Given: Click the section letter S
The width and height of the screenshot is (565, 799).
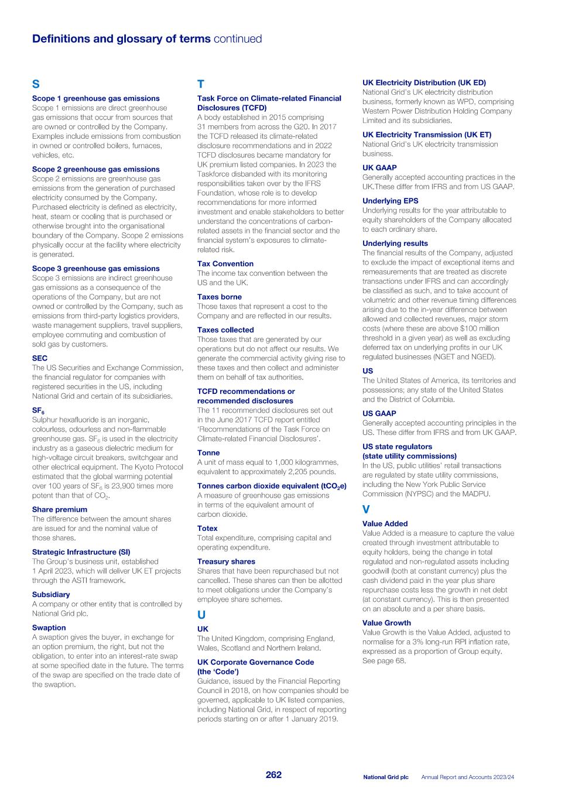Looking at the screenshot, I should click(x=36, y=84).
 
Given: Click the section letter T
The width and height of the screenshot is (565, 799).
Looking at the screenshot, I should click(x=201, y=84).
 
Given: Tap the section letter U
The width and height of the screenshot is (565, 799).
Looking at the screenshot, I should click(x=201, y=615).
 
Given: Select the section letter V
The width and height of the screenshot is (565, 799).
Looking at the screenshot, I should click(x=366, y=510).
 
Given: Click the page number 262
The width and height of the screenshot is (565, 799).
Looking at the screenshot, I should click(x=273, y=774).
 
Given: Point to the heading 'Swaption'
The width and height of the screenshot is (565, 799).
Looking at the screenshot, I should click(x=49, y=627).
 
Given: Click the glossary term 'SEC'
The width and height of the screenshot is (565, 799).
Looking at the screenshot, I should click(x=40, y=358).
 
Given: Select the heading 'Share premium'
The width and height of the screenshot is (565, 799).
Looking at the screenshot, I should click(x=59, y=509).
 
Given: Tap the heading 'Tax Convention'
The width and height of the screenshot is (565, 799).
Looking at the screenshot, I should click(x=225, y=263).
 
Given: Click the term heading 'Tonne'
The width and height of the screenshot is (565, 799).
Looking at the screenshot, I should click(x=208, y=452).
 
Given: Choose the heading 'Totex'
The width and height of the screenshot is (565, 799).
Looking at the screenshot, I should click(x=207, y=528).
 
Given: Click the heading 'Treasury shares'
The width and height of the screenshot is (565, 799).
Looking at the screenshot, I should click(x=226, y=561).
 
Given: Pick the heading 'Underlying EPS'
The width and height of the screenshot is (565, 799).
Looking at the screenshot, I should click(x=390, y=201).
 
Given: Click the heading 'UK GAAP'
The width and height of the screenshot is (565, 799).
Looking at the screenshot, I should click(x=379, y=167).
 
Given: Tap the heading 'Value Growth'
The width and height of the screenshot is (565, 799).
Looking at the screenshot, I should click(x=386, y=623).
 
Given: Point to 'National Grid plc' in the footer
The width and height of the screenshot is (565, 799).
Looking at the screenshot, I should click(x=385, y=777).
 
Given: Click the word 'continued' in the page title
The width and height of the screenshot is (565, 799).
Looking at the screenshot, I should click(x=238, y=39).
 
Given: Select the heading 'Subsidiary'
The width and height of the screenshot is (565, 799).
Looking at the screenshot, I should click(x=51, y=594).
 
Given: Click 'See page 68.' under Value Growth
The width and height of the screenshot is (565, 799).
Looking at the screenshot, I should click(x=383, y=661).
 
